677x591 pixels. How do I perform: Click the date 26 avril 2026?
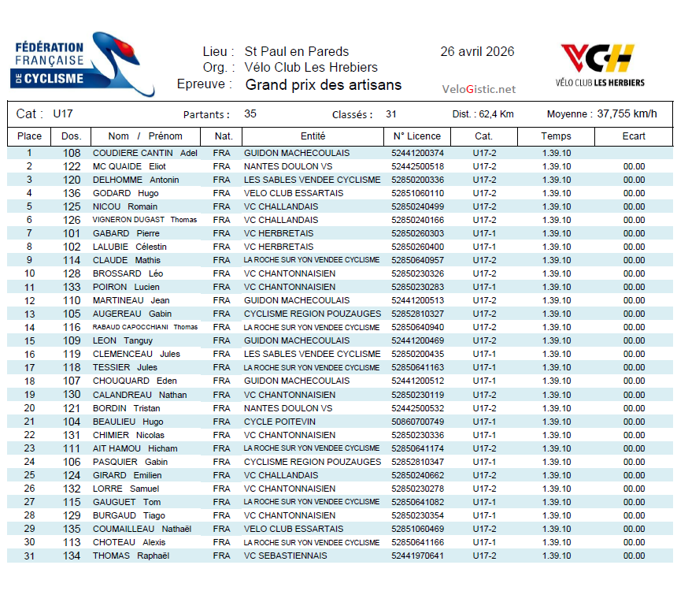tap(477, 52)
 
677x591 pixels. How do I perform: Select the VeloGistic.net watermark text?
tap(479, 89)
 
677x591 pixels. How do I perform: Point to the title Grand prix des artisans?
tap(324, 85)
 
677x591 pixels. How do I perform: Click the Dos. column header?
tap(72, 136)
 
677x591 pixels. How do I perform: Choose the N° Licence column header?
tap(417, 136)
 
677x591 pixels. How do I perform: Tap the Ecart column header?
tap(633, 136)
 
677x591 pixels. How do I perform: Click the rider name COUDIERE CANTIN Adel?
tap(145, 153)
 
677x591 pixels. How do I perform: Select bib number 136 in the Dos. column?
tap(72, 193)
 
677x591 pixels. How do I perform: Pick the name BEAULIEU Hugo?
tap(128, 422)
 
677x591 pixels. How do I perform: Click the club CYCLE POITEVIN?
tap(279, 422)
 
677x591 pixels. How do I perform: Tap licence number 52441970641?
tap(417, 556)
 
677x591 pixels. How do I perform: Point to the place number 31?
tap(30, 556)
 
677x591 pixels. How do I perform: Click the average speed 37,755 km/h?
tap(627, 114)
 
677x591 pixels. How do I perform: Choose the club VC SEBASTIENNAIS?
tap(286, 556)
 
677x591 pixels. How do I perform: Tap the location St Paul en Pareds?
tap(297, 52)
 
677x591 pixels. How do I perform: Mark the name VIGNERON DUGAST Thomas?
tap(145, 220)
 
